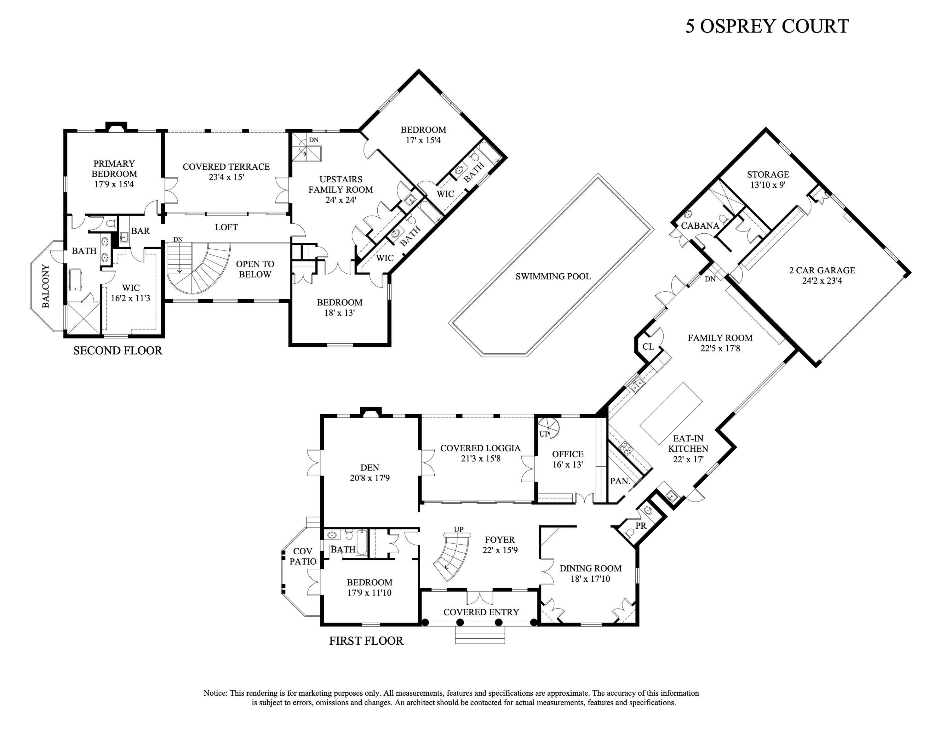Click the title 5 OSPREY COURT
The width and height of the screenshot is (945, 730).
point(767,26)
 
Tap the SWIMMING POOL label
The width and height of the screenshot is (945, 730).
point(553,276)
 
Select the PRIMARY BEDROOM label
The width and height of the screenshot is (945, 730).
point(114,169)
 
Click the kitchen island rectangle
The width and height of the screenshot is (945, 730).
point(671,413)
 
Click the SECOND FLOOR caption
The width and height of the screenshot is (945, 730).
point(118,351)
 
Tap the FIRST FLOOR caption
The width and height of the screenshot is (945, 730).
point(366,641)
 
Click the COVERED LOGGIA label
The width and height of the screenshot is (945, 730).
point(480,448)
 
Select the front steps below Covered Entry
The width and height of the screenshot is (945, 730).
point(480,635)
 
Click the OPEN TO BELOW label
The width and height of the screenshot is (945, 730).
point(255,269)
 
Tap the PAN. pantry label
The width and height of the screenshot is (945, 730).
point(620,481)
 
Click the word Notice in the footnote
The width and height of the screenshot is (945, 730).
point(215,693)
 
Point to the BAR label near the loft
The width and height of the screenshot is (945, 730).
point(140,231)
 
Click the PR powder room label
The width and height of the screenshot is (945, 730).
point(640,526)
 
